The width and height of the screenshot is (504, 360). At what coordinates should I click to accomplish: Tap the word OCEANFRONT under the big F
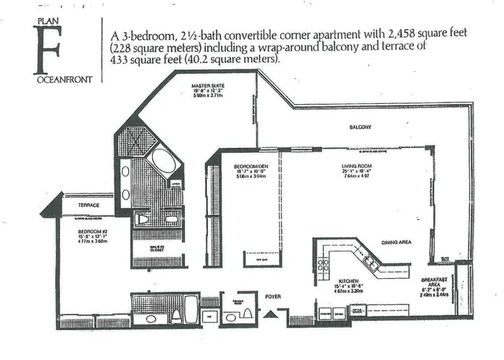tap(48, 78)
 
